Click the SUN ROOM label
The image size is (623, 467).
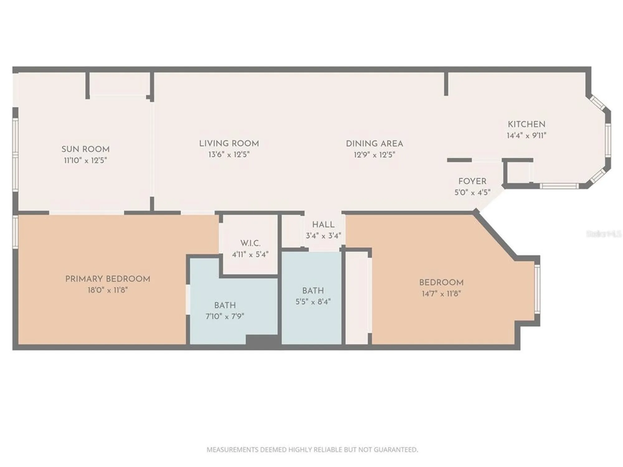(x=85, y=149)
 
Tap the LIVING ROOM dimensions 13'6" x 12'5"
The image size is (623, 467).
(x=229, y=155)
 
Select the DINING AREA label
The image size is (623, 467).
(x=374, y=144)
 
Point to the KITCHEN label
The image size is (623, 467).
(x=526, y=124)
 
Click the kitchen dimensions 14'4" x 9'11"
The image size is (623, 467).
(x=526, y=136)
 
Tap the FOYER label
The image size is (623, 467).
(x=472, y=181)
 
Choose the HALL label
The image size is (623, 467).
(x=323, y=224)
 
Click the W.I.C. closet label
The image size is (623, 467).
(x=250, y=243)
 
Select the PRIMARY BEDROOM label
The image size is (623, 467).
(x=107, y=279)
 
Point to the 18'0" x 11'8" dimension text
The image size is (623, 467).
(x=107, y=290)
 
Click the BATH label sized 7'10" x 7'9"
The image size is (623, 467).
(x=225, y=305)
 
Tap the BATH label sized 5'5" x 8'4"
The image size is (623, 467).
(x=313, y=290)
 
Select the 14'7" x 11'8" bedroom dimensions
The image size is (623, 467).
(x=441, y=294)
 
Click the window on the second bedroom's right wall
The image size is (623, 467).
(x=537, y=289)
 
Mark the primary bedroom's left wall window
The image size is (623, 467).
(x=15, y=232)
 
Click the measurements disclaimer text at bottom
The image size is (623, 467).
(x=312, y=450)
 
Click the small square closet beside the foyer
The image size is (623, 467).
(x=518, y=173)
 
